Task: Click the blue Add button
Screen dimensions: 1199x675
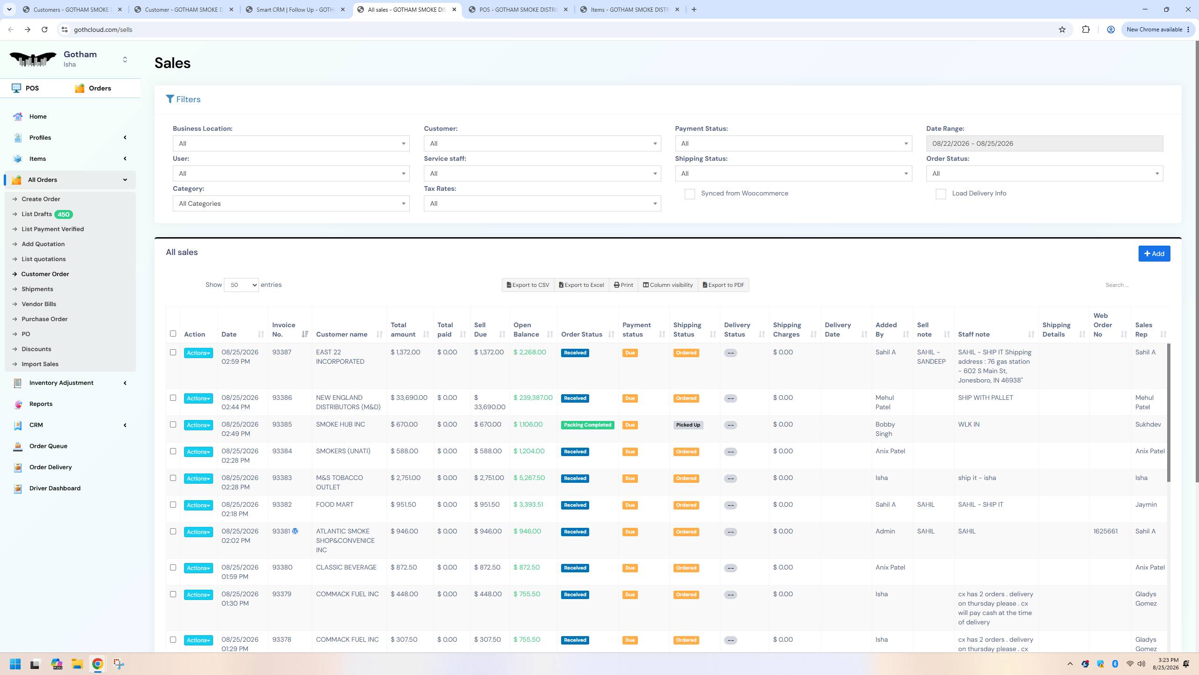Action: [1154, 254]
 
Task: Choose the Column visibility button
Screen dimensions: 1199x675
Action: [667, 285]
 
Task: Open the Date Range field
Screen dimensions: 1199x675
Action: [1044, 143]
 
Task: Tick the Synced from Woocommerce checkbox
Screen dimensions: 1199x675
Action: [689, 194]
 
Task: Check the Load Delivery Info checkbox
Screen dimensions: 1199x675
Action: [940, 194]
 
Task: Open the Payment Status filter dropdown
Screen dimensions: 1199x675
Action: [793, 143]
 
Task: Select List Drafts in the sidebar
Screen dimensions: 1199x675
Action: [37, 214]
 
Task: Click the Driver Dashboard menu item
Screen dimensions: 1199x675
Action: [55, 488]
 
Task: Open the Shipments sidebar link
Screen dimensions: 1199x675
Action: [37, 289]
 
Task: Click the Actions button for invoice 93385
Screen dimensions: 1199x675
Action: [198, 425]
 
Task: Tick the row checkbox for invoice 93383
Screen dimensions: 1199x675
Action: [173, 478]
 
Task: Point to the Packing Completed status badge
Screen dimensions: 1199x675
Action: [587, 425]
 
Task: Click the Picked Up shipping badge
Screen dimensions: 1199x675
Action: [688, 425]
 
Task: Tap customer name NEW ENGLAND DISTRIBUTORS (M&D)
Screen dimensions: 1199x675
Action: [348, 402]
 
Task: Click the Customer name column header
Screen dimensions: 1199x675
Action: [341, 334]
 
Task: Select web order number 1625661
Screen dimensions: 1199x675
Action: [1105, 531]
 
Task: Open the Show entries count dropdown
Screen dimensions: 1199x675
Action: [241, 285]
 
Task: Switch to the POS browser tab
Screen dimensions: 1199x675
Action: [518, 9]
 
